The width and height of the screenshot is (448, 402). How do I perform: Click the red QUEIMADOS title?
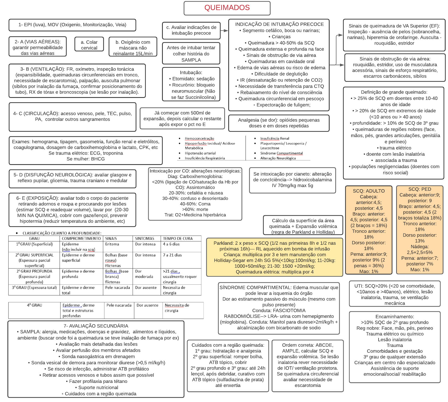pyautogui.click(x=227, y=8)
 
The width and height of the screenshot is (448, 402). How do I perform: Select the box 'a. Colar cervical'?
pyautogui.click(x=89, y=45)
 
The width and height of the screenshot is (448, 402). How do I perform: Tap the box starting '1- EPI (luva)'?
pyautogui.click(x=72, y=25)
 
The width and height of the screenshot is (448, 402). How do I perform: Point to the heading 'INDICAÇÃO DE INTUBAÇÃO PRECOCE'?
pyautogui.click(x=279, y=24)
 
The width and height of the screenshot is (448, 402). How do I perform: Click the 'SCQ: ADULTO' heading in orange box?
pyautogui.click(x=368, y=191)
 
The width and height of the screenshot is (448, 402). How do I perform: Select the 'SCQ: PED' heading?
pyautogui.click(x=420, y=189)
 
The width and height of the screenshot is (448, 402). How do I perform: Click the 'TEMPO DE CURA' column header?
pyautogui.click(x=178, y=238)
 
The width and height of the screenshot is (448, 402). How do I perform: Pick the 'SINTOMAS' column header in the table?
pyautogui.click(x=144, y=238)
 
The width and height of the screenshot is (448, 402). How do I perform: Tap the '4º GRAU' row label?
pyautogui.click(x=34, y=305)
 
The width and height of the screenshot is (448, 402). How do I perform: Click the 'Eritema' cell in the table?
pyautogui.click(x=112, y=244)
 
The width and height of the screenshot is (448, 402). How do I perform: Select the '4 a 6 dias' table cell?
pyautogui.click(x=171, y=244)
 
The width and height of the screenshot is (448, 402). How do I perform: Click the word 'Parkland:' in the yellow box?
pyautogui.click(x=223, y=243)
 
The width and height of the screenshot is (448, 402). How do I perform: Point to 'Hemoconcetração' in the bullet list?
pyautogui.click(x=199, y=138)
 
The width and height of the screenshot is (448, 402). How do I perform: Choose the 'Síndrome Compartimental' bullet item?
pyautogui.click(x=281, y=153)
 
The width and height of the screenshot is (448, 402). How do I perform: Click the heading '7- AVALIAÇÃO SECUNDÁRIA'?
pyautogui.click(x=96, y=326)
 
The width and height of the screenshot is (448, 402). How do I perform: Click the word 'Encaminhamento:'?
pyautogui.click(x=395, y=317)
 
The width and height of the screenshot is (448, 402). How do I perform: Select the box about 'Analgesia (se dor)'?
pyautogui.click(x=279, y=123)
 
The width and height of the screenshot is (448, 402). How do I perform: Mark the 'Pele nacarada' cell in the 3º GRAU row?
pyautogui.click(x=117, y=287)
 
